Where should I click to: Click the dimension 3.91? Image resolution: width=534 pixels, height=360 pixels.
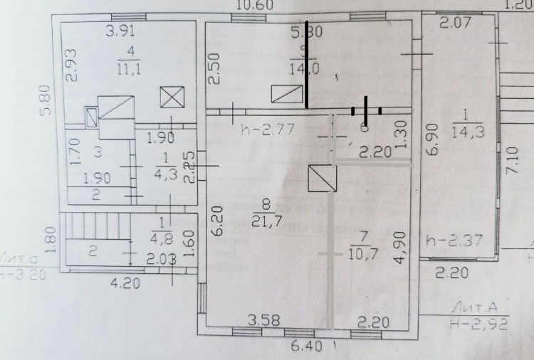click(x=120, y=31)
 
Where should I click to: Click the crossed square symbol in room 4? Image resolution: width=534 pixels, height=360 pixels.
click(x=172, y=96)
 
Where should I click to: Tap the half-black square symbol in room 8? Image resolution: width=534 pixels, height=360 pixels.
click(x=321, y=178)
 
